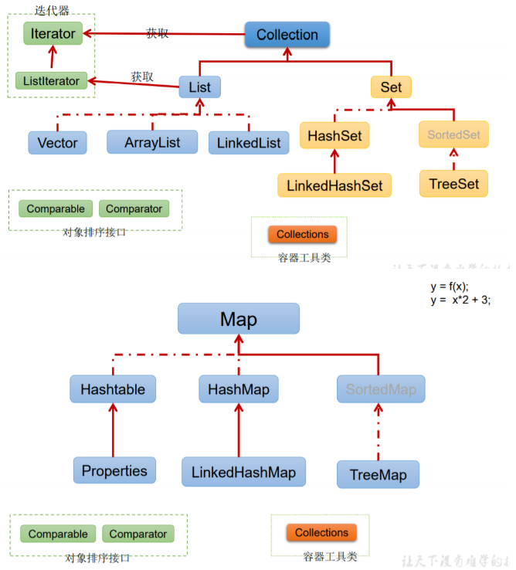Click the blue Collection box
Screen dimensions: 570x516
coord(287,35)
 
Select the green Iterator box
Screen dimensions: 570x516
coord(53,34)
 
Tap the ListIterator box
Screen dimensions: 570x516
coord(52,80)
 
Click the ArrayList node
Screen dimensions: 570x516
coord(153,142)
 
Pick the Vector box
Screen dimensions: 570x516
coord(57,143)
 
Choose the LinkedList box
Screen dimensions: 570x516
coord(248,143)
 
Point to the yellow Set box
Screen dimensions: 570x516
coord(391,87)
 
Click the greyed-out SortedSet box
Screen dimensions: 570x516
coord(453,134)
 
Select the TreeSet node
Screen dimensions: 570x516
coord(453,184)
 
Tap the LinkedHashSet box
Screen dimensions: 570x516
coord(334,185)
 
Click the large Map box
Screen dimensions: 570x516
coord(238,319)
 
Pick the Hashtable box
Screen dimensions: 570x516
coord(113,389)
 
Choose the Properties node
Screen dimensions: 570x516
coord(114,470)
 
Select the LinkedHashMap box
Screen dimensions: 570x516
coord(243,471)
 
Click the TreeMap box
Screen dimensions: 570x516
coord(378,474)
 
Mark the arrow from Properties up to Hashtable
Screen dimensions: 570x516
coord(113,429)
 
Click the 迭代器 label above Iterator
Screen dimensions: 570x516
coord(53,10)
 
